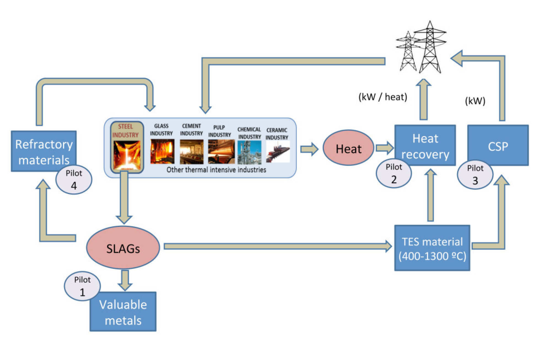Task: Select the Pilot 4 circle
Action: click(74, 180)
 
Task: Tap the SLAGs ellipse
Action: click(123, 248)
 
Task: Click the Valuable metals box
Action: click(123, 312)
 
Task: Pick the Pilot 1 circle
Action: click(82, 286)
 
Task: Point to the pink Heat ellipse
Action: click(348, 148)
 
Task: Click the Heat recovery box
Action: click(425, 145)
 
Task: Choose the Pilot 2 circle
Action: click(394, 173)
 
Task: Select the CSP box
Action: click(498, 145)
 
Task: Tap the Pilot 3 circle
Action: click(475, 174)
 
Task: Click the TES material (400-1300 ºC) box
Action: click(432, 248)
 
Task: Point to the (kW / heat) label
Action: click(383, 97)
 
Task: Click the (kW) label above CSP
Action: click(475, 101)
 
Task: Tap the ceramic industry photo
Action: click(278, 151)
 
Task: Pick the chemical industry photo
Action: click(249, 152)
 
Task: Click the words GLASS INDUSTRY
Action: click(161, 129)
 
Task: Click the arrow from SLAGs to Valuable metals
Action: click(125, 280)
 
